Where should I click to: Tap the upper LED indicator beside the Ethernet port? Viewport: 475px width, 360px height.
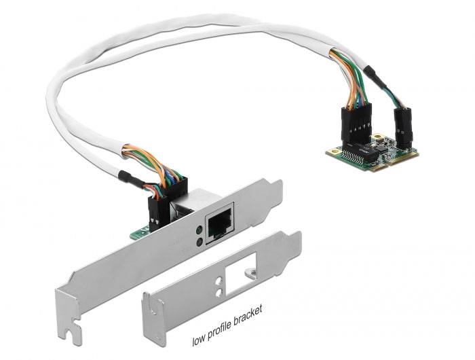click(197, 229)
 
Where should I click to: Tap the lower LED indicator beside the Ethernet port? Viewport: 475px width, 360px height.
click(197, 241)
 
